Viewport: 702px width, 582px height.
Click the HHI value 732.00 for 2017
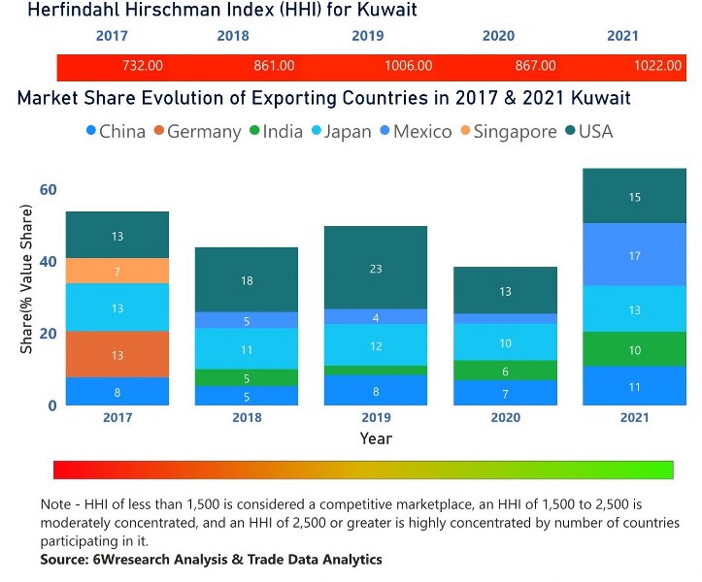pyautogui.click(x=143, y=66)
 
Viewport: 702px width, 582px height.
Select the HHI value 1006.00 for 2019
pyautogui.click(x=408, y=66)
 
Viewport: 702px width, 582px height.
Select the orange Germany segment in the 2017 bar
pyautogui.click(x=117, y=355)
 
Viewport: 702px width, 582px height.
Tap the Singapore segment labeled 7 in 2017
pyautogui.click(x=117, y=271)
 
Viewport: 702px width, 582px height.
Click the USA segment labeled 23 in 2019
pyautogui.click(x=375, y=268)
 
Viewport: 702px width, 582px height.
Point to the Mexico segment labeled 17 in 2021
pyautogui.click(x=634, y=255)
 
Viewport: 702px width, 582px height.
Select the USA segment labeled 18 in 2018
pyautogui.click(x=246, y=279)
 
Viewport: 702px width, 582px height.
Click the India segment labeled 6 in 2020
pyautogui.click(x=505, y=371)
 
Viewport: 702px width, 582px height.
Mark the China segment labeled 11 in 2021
pyautogui.click(x=634, y=386)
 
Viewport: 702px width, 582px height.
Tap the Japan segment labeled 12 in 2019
pyautogui.click(x=375, y=345)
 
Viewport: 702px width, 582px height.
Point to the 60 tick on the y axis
pyautogui.click(x=48, y=189)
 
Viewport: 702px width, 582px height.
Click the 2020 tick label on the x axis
pyautogui.click(x=505, y=417)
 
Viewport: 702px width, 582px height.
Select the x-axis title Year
pyautogui.click(x=376, y=438)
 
